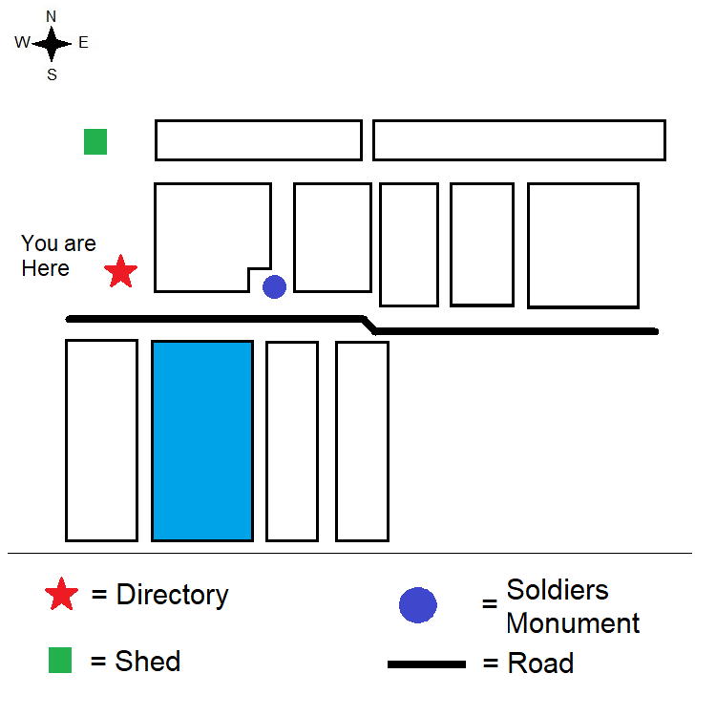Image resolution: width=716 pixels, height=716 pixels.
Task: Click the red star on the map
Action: [x=120, y=272]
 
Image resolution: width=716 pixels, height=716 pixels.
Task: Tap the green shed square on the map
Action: [x=95, y=142]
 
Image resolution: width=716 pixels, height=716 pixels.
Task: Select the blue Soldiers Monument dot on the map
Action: [x=275, y=286]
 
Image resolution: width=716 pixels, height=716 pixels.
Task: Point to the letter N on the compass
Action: [x=52, y=16]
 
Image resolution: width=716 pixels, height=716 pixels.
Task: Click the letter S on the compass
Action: [x=52, y=74]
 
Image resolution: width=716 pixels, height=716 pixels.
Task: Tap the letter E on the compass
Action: [x=83, y=43]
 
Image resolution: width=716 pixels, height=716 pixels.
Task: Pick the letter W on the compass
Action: [x=22, y=43]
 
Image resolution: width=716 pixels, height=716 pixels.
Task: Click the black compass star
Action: [x=53, y=43]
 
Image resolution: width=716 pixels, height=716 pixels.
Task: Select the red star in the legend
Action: [x=62, y=594]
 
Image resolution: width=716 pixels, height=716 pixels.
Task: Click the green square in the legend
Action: [x=60, y=661]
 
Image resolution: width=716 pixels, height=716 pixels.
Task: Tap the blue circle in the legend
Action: [x=418, y=604]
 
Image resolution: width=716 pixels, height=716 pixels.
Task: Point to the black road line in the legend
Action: [x=427, y=663]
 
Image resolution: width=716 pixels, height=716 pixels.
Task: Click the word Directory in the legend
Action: [x=173, y=595]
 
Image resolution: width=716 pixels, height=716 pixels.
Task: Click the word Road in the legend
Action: [x=540, y=663]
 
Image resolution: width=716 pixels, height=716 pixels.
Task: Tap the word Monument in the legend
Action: [x=573, y=623]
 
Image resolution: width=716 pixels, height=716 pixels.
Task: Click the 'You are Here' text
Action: [x=58, y=256]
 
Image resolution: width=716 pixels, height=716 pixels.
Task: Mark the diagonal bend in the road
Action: [x=369, y=325]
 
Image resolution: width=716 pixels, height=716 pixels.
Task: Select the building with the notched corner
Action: [x=212, y=237]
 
